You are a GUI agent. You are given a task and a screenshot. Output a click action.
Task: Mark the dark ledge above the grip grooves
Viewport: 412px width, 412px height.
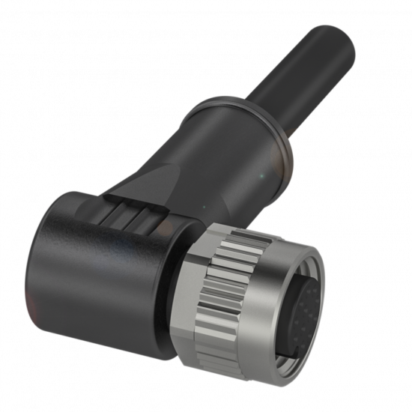click(x=135, y=201)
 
